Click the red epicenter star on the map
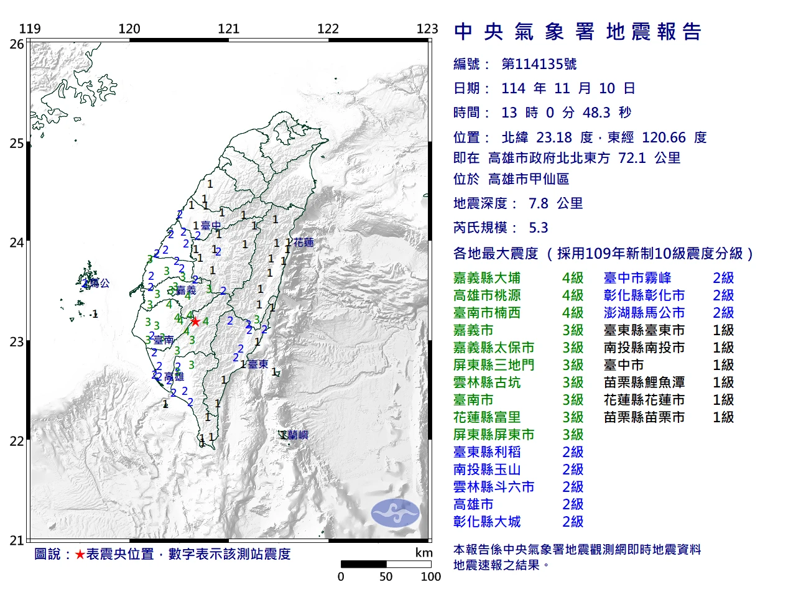click(x=195, y=322)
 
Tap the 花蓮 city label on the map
click(x=303, y=243)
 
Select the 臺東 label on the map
click(x=258, y=364)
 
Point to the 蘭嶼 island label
click(x=297, y=435)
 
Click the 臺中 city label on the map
click(x=211, y=226)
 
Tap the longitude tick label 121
click(x=228, y=29)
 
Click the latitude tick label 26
click(x=17, y=44)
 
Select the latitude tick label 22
click(x=17, y=442)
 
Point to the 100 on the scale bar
click(x=430, y=576)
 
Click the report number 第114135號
click(x=539, y=64)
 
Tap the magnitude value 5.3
click(x=539, y=228)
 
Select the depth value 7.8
click(x=539, y=203)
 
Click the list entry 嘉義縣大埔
click(x=487, y=278)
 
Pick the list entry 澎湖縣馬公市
click(x=644, y=313)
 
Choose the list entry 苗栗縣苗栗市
click(x=644, y=417)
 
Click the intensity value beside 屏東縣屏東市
click(x=573, y=435)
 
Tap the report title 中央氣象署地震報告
click(x=578, y=32)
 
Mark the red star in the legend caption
click(x=80, y=554)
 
